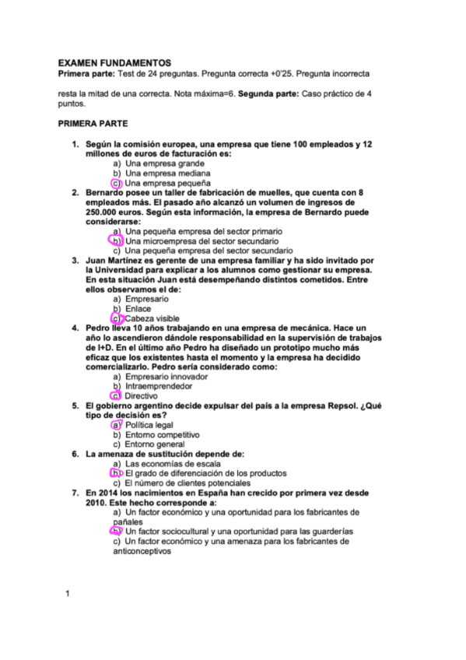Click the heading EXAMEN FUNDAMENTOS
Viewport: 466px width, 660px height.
[x=115, y=61]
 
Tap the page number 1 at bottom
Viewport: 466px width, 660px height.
[x=68, y=595]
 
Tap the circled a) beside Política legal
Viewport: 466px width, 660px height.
[x=117, y=425]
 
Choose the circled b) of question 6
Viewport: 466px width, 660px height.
[x=117, y=473]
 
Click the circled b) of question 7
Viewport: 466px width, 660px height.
[x=117, y=531]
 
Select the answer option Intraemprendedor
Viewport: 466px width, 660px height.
[x=159, y=386]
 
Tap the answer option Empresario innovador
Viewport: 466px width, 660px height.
[x=165, y=377]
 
